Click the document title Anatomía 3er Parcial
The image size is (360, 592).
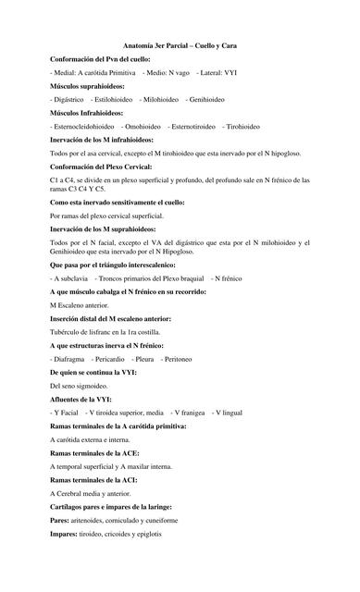click(x=180, y=43)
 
